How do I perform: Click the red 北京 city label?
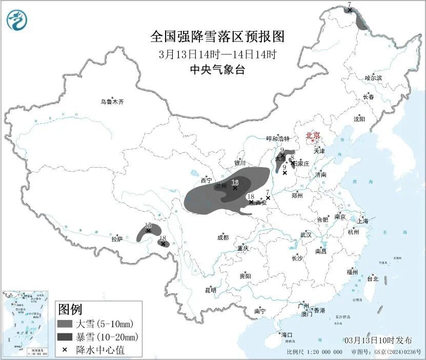(313, 135)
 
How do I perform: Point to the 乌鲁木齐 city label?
(112, 102)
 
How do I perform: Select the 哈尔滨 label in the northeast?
(373, 78)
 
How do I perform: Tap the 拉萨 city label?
(117, 238)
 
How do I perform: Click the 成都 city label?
(222, 237)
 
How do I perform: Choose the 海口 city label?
(286, 335)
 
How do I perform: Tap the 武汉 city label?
(306, 234)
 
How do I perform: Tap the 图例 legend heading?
(70, 309)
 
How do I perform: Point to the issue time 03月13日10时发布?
(378, 340)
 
